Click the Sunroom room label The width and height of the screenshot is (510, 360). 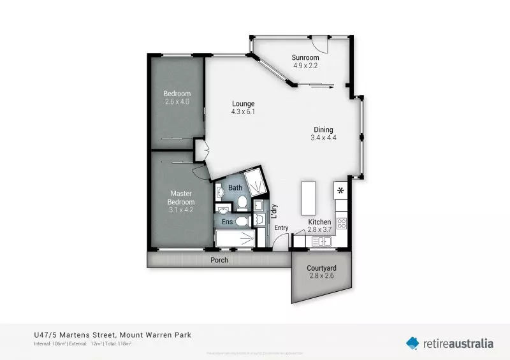click(x=306, y=57)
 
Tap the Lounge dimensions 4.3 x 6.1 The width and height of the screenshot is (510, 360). click(x=243, y=112)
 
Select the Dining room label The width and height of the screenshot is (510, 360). click(x=323, y=129)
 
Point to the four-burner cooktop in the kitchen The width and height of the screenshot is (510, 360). click(x=341, y=224)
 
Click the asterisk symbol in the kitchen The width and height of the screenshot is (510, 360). click(x=340, y=190)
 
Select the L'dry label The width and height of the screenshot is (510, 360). click(x=273, y=210)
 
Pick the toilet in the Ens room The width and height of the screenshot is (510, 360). click(x=241, y=222)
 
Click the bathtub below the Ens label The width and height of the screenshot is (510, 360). click(x=234, y=240)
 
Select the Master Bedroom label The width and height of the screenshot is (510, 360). click(x=180, y=198)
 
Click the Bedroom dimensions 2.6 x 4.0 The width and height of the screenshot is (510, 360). click(x=177, y=102)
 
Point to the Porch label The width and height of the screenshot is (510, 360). click(x=219, y=260)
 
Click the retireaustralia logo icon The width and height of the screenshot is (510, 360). click(x=413, y=343)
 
